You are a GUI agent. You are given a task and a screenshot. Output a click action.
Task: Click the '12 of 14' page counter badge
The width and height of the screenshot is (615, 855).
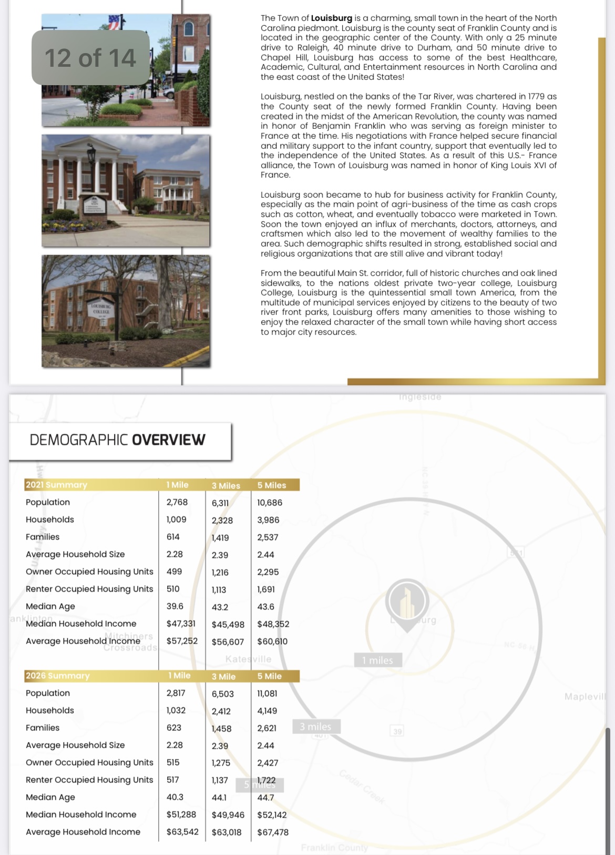(90, 57)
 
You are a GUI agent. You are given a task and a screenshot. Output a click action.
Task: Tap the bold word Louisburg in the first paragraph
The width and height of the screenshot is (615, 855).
(331, 18)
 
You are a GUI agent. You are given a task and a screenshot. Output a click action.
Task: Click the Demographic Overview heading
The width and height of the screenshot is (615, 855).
(117, 440)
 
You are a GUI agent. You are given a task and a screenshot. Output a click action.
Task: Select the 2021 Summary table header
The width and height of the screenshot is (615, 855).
(56, 485)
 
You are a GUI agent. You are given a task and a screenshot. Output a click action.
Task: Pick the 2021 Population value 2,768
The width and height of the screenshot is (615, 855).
(177, 502)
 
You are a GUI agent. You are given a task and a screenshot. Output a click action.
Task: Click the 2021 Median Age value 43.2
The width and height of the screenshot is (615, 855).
(220, 607)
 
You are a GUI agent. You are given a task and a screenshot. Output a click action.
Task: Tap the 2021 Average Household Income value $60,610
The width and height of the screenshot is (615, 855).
(272, 642)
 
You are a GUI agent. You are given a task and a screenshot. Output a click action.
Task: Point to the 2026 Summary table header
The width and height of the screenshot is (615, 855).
(57, 676)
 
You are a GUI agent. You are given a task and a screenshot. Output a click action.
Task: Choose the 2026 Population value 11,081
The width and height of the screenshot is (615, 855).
(267, 694)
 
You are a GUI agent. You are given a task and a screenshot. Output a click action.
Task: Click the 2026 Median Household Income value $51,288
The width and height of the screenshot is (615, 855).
(181, 815)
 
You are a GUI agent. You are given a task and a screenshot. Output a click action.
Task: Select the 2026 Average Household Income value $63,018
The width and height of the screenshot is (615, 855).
(227, 832)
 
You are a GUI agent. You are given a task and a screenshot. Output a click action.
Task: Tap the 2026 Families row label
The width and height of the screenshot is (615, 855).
(43, 728)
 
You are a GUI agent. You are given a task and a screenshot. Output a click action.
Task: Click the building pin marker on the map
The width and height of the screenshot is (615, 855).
(407, 602)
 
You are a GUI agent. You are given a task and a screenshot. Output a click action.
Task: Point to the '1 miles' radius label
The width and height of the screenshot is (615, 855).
(377, 660)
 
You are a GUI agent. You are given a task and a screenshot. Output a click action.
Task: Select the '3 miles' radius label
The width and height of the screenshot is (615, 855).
(315, 727)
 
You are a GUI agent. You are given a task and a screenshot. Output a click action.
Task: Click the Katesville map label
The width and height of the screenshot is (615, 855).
(248, 659)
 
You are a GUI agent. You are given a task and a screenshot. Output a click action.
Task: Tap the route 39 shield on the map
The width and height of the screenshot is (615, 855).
(397, 731)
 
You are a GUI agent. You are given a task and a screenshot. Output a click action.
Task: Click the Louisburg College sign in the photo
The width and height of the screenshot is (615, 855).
(101, 309)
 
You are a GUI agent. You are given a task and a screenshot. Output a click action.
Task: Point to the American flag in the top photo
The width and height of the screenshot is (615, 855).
(114, 22)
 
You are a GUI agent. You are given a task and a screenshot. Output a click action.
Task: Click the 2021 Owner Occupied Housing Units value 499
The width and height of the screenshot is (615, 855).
(174, 572)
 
